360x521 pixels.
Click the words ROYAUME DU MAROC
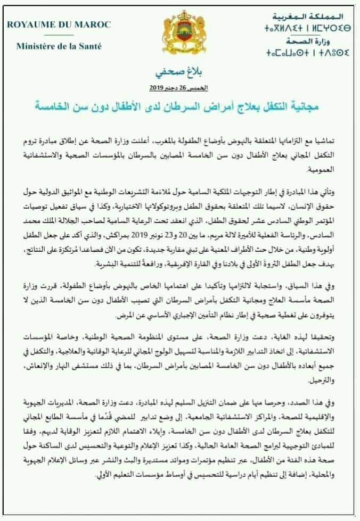point(59,25)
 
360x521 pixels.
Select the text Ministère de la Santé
point(59,46)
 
